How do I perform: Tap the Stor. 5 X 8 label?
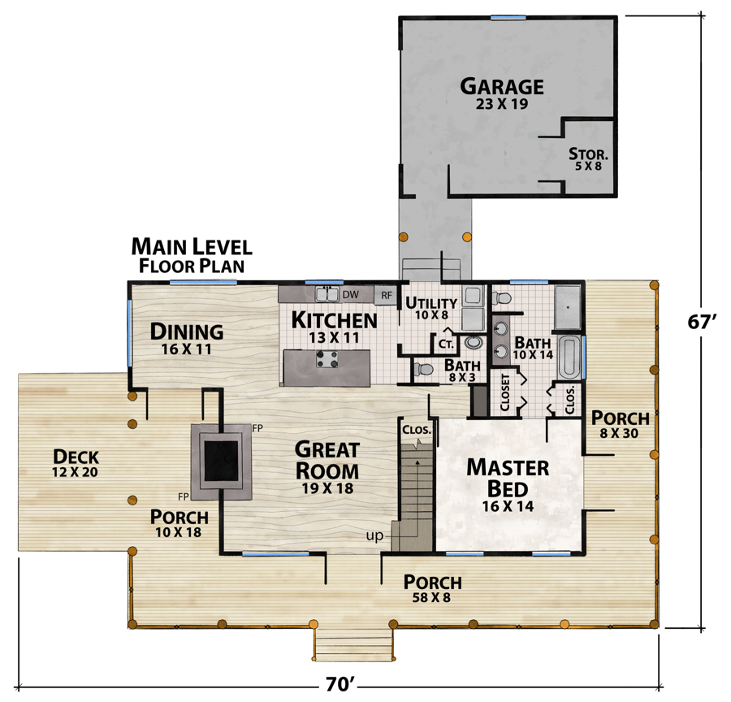coord(588,158)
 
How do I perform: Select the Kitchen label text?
coord(334,320)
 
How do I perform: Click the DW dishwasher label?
coord(350,294)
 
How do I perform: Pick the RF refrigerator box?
coord(387,295)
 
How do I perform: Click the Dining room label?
coord(187,331)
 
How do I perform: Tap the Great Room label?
coord(327,460)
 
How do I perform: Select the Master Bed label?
coord(507,478)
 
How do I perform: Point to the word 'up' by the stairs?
coord(375,537)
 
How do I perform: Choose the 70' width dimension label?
coord(342,685)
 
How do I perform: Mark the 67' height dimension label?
coord(703,321)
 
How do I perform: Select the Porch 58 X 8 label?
coord(433,588)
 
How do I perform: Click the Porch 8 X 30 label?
coord(620,424)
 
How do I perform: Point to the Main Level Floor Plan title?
coord(192,254)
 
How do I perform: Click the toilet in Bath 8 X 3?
coord(422,370)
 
